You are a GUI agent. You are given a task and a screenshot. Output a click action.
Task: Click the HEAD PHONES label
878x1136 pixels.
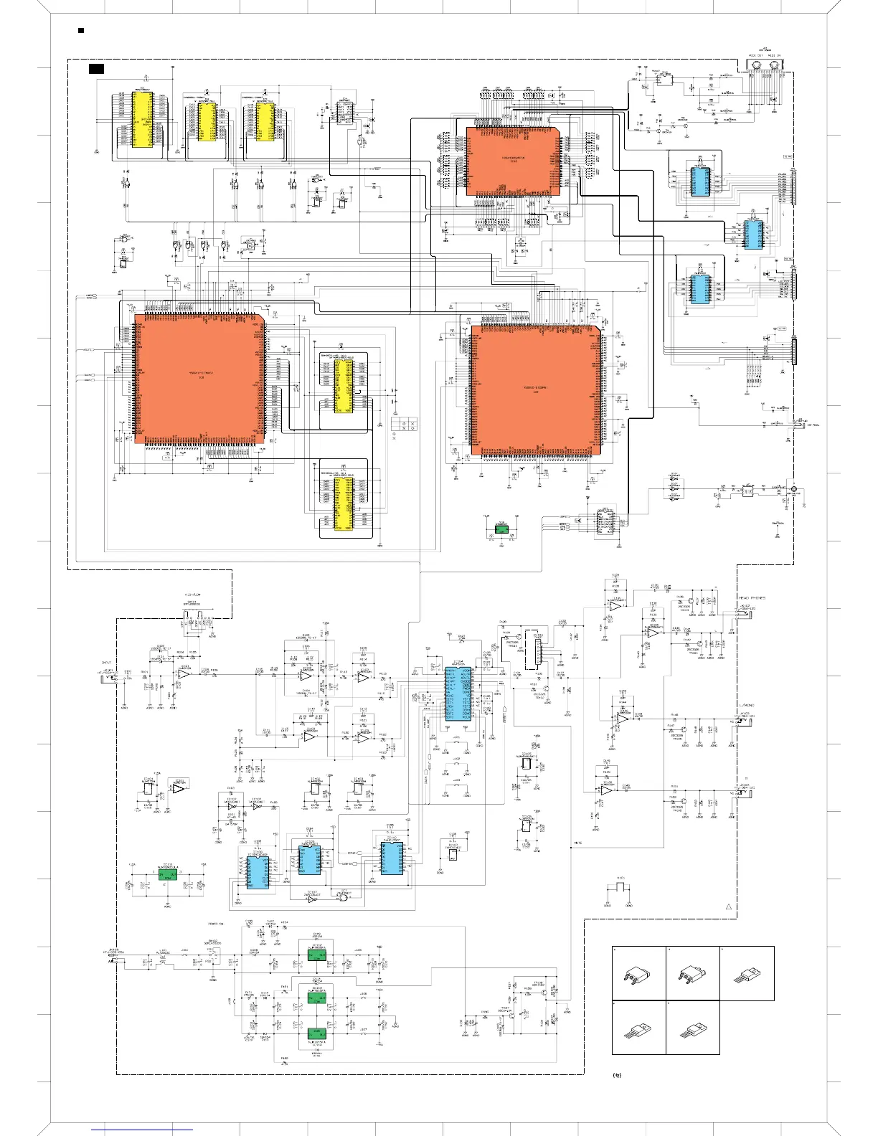pos(752,597)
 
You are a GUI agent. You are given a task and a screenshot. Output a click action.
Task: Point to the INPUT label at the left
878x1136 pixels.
pos(107,662)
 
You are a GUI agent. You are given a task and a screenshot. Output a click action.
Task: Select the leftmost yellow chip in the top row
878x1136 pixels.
pos(141,119)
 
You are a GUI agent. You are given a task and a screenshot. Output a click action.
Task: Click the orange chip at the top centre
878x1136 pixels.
pos(513,161)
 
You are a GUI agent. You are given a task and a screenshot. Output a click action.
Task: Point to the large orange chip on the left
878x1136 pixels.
pos(199,378)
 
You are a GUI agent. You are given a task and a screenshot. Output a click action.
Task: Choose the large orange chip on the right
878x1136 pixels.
pos(535,390)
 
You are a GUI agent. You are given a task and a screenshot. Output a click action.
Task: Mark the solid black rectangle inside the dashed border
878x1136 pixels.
pos(96,69)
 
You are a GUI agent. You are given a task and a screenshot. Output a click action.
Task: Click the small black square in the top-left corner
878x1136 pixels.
pos(80,31)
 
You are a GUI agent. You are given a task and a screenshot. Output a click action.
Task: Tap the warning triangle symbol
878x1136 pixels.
pos(728,908)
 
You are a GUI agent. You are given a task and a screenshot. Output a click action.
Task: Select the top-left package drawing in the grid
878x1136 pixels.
pos(639,973)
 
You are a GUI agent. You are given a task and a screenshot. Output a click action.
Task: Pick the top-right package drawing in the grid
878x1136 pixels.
pos(747,973)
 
